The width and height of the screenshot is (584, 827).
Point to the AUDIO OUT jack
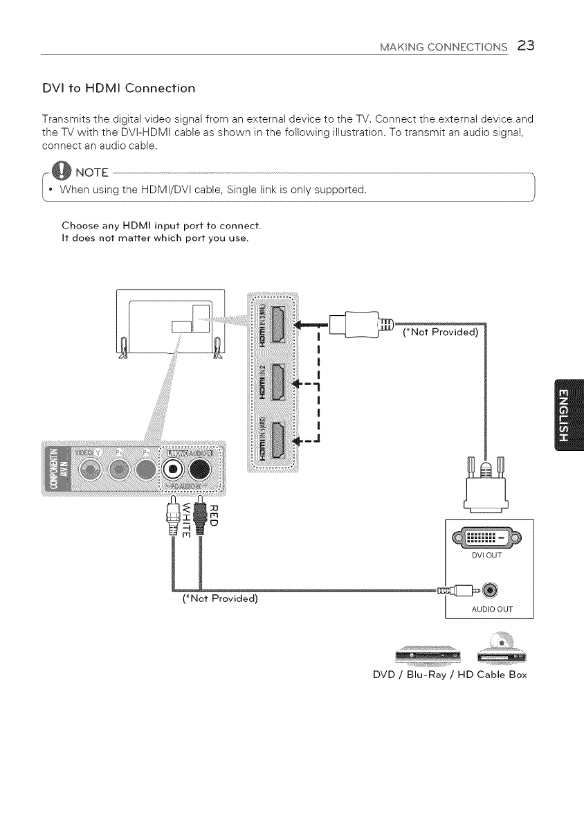coord(491,590)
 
